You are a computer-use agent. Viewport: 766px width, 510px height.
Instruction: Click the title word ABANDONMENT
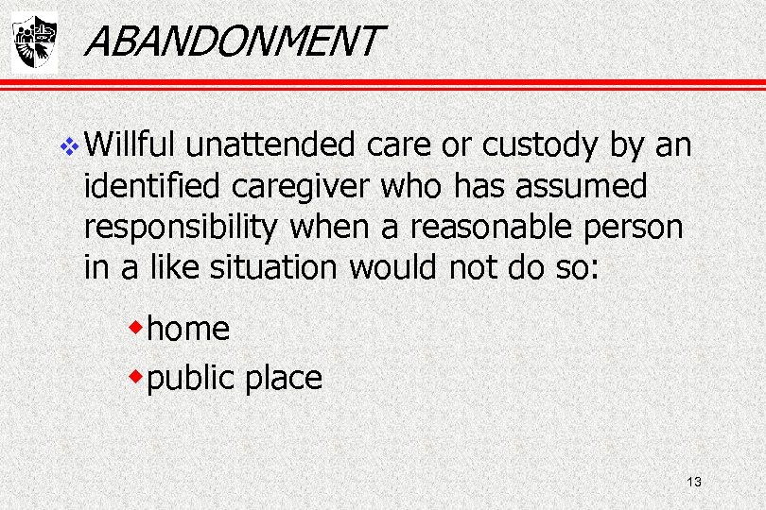232,41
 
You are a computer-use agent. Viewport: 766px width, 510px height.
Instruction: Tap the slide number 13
693,483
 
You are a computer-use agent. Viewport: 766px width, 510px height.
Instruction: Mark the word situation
273,268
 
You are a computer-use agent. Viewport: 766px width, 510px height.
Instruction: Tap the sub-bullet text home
189,329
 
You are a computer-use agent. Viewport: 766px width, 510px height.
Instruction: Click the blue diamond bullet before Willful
78,146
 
